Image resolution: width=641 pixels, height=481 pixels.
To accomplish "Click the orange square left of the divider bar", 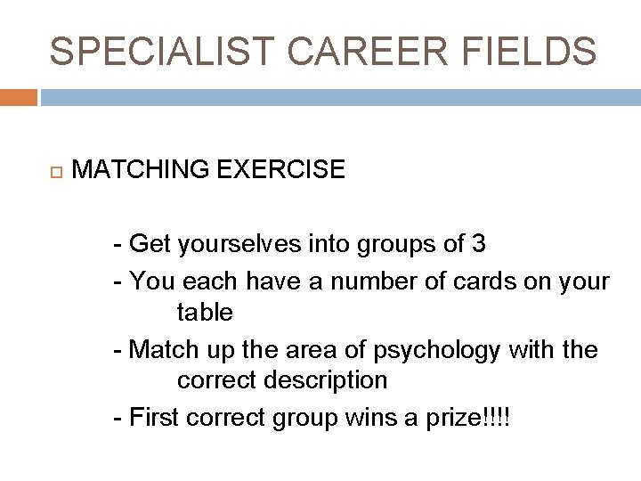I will coord(18,97).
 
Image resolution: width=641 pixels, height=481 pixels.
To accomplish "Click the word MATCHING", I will coord(141,169).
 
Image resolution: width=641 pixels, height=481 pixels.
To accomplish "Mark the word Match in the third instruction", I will coord(164,350).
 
